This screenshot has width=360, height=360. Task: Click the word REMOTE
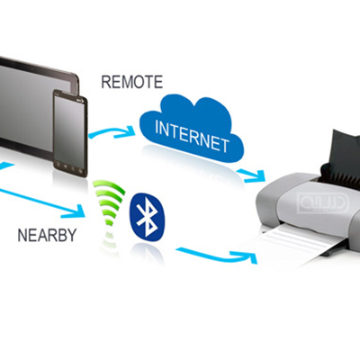click(132, 82)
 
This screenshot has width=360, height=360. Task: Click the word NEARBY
click(47, 236)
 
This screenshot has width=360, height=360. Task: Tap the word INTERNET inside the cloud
click(192, 137)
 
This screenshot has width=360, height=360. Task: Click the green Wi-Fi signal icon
click(109, 205)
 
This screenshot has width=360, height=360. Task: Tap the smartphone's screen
click(69, 129)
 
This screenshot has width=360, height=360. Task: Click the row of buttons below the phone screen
click(69, 168)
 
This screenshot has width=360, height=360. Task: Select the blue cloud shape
click(192, 128)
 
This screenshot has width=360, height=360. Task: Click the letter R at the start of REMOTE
click(106, 82)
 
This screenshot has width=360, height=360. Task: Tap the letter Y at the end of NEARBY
click(71, 236)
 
